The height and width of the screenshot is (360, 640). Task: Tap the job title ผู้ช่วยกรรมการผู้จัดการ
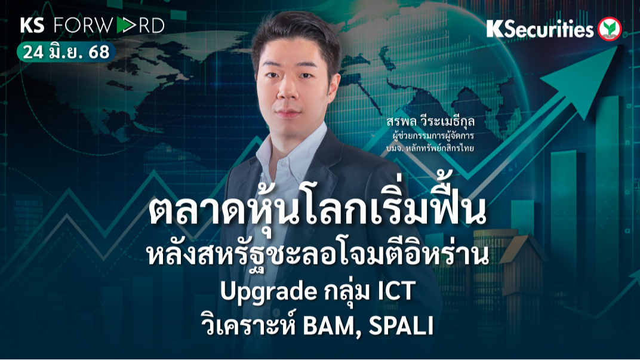[436, 136]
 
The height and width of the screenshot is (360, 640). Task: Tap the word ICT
[395, 293]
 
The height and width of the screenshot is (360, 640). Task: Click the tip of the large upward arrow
[615, 50]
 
